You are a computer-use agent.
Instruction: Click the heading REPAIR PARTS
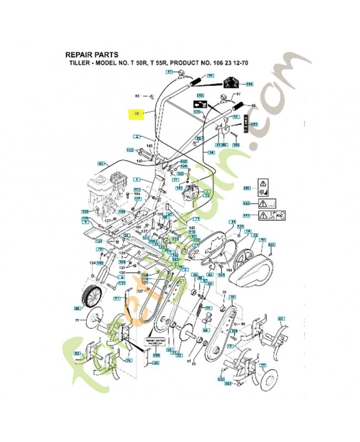(91, 55)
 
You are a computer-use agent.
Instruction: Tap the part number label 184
(248, 85)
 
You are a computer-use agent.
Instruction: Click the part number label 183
(255, 125)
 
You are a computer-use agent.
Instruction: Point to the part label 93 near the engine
(101, 164)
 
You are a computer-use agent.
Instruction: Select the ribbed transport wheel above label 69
(92, 298)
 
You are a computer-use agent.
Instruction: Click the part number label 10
(232, 297)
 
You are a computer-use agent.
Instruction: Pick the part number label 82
(280, 319)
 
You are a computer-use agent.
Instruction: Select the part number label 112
(130, 150)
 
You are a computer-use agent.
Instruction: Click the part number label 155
(271, 245)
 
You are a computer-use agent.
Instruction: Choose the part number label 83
(77, 354)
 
